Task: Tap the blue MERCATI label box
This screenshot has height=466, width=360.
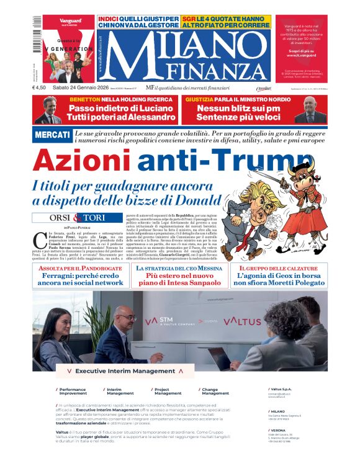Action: click(52, 135)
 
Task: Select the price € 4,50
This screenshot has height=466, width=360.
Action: click(40, 88)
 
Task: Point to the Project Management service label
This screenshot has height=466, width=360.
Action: click(168, 392)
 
